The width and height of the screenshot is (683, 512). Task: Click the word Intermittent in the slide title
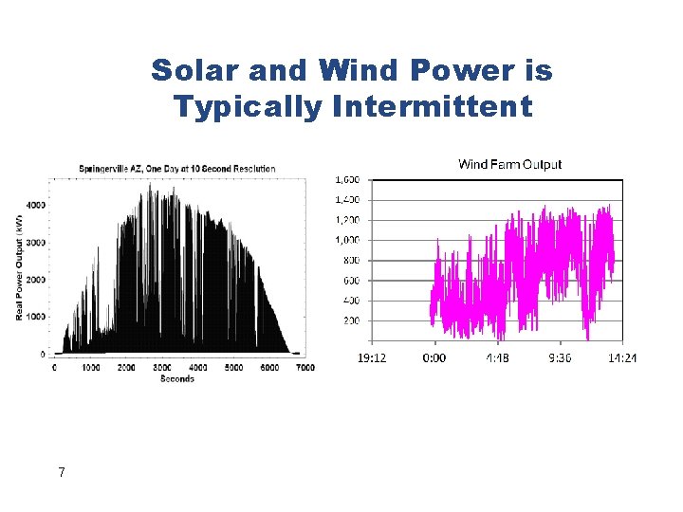434,107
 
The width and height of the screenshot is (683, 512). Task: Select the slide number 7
61,472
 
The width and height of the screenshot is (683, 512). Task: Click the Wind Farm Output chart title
509,164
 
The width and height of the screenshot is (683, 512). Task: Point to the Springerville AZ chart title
177,169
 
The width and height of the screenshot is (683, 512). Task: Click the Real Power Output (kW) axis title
19,266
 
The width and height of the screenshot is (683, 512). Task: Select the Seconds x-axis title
177,378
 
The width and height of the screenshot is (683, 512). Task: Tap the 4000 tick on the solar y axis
35,205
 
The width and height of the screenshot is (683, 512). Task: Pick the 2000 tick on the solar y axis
35,280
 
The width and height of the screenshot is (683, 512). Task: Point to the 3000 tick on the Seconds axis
162,367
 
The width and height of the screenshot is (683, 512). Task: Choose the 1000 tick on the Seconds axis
90,367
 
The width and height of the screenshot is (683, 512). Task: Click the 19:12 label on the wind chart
371,358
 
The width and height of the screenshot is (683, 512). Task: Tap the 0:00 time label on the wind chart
434,358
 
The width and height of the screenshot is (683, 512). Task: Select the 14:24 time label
621,358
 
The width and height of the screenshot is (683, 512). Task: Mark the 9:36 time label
559,358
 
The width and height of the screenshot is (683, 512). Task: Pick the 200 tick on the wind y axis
350,320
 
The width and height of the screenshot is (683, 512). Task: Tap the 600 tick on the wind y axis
350,281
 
